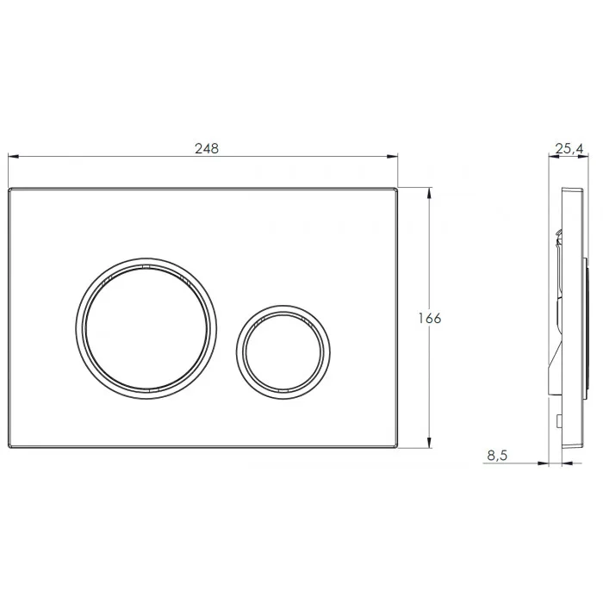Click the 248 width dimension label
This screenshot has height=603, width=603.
point(207,148)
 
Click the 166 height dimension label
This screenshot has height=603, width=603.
point(430,318)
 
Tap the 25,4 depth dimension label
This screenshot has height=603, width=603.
point(569,148)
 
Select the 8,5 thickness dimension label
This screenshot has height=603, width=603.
point(497,456)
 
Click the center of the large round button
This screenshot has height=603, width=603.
point(146,328)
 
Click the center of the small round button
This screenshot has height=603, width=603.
point(283,352)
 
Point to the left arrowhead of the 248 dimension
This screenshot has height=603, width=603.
point(13,156)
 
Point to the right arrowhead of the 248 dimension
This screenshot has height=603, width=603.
point(393,156)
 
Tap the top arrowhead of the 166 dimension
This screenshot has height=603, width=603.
point(429,192)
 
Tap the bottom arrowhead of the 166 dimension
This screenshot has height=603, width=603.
point(429,443)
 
